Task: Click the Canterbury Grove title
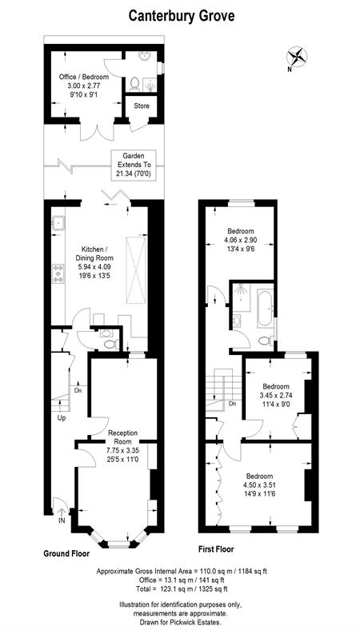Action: [182, 17]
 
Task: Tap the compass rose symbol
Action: [297, 56]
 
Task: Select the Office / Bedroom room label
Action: [84, 77]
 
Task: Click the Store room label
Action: [142, 106]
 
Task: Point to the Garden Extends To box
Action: [134, 165]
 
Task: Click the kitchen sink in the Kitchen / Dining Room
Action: [58, 221]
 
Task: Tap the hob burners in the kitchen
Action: [58, 273]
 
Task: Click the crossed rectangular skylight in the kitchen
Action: [135, 270]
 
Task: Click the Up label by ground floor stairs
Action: [62, 418]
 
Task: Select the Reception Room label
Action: [122, 437]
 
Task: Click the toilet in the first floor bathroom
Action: [266, 341]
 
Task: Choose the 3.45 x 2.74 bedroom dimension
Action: [278, 395]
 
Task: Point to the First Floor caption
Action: [217, 548]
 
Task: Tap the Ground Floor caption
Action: [66, 553]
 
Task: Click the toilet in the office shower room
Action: [134, 84]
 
